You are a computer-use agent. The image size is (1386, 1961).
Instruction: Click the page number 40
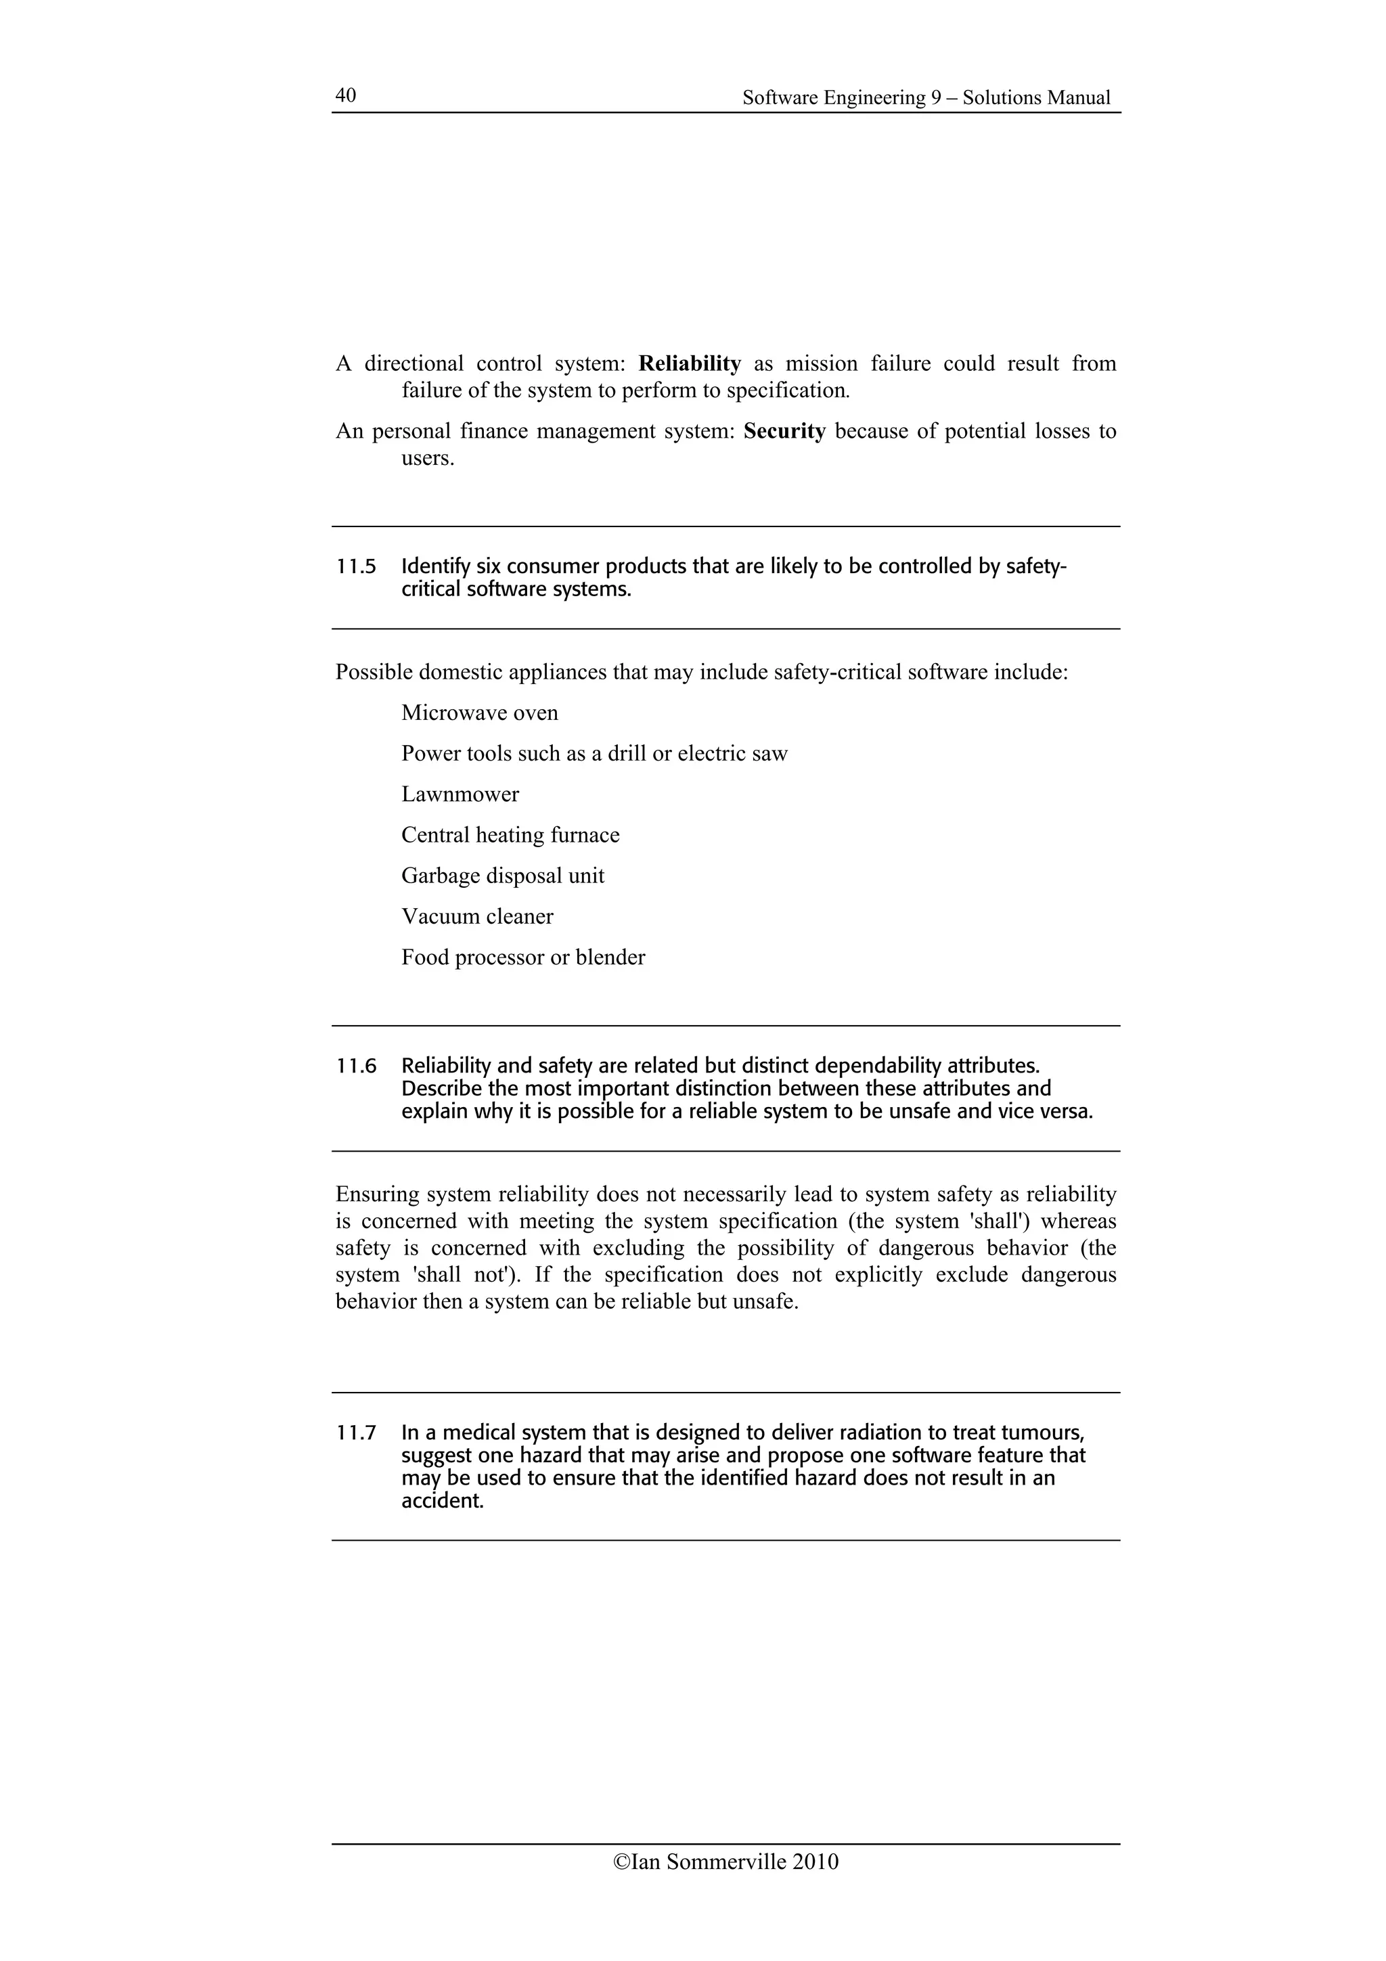pos(345,95)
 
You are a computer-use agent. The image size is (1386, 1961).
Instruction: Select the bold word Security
pos(784,430)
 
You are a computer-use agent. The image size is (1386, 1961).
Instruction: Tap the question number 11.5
pos(356,566)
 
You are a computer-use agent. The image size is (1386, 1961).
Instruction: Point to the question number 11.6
pos(356,1066)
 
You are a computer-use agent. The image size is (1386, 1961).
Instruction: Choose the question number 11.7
pos(356,1433)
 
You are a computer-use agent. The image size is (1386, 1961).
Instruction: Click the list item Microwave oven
pos(479,713)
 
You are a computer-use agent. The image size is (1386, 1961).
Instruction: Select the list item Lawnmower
pos(460,794)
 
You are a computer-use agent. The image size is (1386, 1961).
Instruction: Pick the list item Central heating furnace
pos(510,834)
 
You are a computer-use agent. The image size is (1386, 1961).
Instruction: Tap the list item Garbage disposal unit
pos(502,876)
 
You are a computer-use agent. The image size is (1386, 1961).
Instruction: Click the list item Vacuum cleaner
pos(476,916)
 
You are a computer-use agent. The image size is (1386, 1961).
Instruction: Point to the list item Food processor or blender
pos(522,957)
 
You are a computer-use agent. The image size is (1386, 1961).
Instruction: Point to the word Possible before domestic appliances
pos(373,672)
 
